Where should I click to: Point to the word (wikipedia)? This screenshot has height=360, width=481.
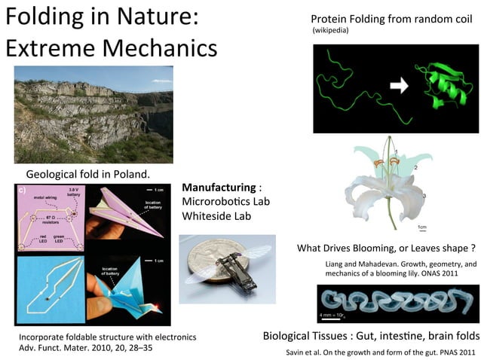click(x=329, y=32)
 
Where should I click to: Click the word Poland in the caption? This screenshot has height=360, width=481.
click(x=128, y=173)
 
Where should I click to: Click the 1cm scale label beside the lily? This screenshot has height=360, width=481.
click(x=421, y=227)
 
